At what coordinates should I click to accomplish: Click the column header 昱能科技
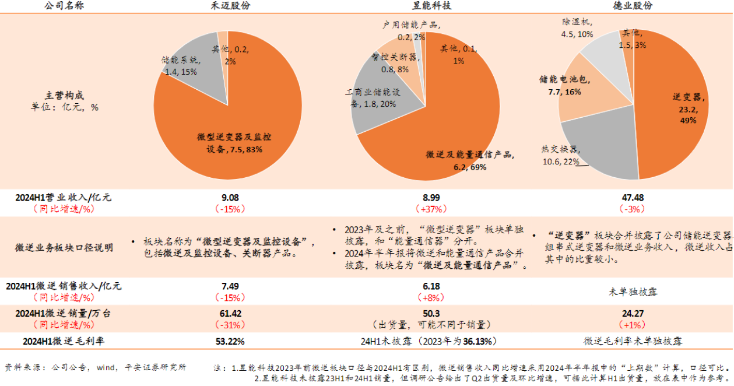point(431,5)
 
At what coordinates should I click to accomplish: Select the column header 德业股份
point(632,5)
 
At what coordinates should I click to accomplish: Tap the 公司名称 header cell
point(64,5)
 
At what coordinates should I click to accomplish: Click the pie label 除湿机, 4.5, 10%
point(577,28)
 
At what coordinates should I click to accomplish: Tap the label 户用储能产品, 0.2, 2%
point(411,31)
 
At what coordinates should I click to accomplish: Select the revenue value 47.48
point(632,198)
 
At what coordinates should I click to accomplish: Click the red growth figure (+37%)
point(431,208)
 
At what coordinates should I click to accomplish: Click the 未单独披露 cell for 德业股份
point(632,291)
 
